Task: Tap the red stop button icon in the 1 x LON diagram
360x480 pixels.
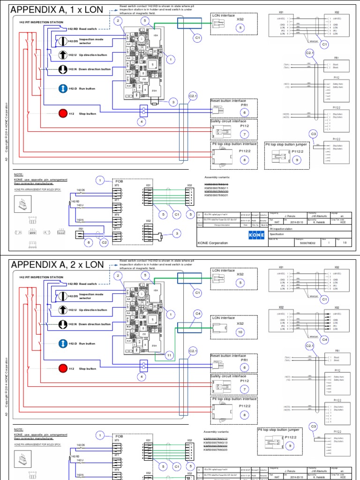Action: pos(63,113)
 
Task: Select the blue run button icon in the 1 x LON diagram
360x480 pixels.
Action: pos(63,89)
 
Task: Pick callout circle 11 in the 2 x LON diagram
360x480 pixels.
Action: pos(169,356)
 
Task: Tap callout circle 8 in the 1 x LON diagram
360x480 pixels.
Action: pos(244,159)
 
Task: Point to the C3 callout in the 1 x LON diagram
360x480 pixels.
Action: pos(313,135)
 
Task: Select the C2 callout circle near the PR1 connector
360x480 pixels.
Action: pos(105,242)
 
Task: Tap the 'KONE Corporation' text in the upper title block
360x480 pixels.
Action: pos(212,243)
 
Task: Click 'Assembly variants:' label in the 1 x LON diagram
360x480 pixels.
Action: pos(218,178)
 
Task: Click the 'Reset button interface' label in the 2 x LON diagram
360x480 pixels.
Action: pos(229,356)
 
